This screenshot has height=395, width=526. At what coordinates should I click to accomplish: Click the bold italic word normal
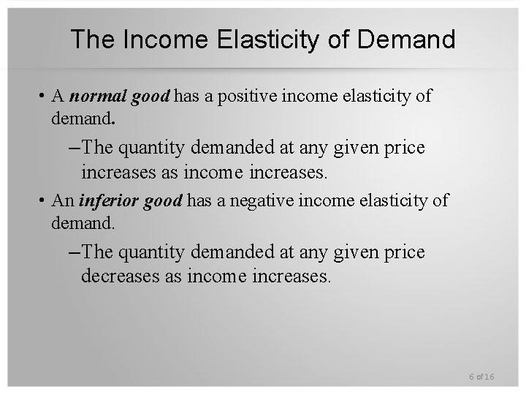tap(98, 96)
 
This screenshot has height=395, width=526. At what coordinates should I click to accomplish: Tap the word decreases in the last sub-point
tap(117, 277)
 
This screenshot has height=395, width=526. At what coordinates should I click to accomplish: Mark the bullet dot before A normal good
tap(44, 96)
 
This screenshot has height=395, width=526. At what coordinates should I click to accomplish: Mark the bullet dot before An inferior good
tap(44, 200)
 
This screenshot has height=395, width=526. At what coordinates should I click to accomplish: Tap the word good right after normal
tap(151, 96)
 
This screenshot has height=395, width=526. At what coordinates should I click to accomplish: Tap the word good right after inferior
tap(163, 200)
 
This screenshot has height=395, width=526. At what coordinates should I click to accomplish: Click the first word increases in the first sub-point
tap(117, 173)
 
